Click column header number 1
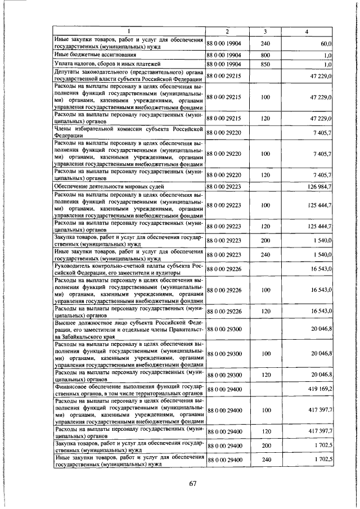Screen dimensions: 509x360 point(129,31)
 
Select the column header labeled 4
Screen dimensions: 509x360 point(306,31)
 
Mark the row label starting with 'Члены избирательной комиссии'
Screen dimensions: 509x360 point(128,132)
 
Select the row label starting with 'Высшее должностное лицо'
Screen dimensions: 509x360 point(128,328)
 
